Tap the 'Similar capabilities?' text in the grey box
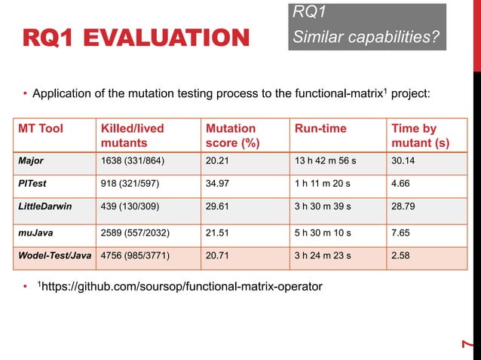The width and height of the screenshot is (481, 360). pos(366,36)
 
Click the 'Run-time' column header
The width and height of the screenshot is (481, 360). pos(320,129)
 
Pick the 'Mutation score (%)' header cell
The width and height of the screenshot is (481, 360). pos(230,136)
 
